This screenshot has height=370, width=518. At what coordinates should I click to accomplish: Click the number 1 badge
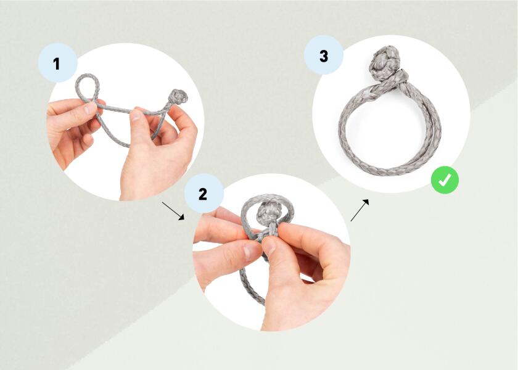(57, 63)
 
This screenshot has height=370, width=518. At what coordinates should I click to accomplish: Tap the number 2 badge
(203, 194)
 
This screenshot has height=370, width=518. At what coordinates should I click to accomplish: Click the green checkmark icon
(445, 180)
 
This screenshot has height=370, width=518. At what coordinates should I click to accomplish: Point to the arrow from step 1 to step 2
(173, 210)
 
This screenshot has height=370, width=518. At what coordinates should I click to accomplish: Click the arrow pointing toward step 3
(360, 210)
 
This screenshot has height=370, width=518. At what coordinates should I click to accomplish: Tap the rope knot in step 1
(178, 97)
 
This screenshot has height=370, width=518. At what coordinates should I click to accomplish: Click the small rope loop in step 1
(86, 86)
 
